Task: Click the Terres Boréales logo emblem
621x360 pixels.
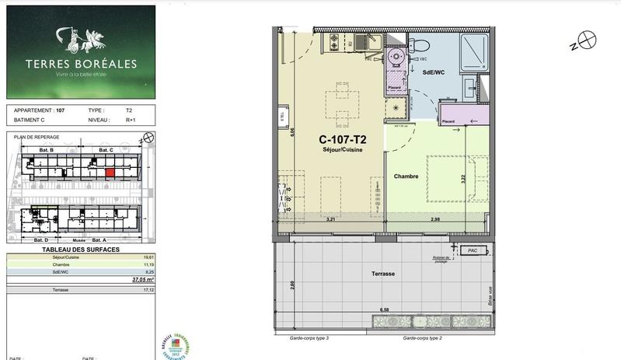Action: pyautogui.click(x=80, y=36)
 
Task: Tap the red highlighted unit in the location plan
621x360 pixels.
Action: pyautogui.click(x=110, y=172)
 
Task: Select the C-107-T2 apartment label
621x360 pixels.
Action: pyautogui.click(x=343, y=140)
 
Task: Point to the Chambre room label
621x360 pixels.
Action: pyautogui.click(x=406, y=177)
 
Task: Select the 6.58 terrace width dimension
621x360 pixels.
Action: pyautogui.click(x=383, y=309)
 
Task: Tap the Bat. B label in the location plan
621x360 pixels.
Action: pyautogui.click(x=46, y=149)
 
